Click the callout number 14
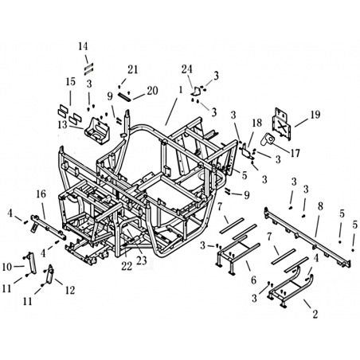pos(83,46)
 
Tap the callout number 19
pos(315,115)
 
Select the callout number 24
pos(187,69)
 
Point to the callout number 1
pos(181,90)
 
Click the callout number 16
pos(41,194)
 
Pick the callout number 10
pos(7,267)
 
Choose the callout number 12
pos(70,291)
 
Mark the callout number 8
pos(320,206)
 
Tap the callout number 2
pos(315,315)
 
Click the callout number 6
pos(254,280)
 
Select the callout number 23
pos(142,261)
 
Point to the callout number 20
pos(153,91)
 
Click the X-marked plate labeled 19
pos(283,124)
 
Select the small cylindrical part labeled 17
pos(267,139)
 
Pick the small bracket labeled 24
pos(196,91)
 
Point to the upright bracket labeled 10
pos(31,262)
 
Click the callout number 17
pos(295,153)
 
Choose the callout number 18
pos(256,123)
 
